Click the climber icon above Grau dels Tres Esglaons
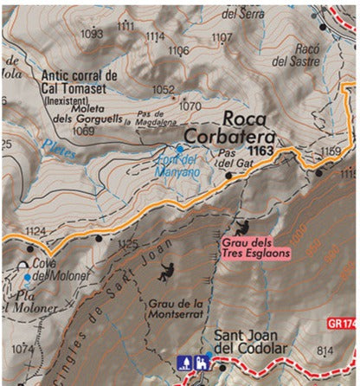point(245,226)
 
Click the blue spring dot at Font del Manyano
point(180,148)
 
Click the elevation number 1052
point(164,89)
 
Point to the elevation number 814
point(325,350)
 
